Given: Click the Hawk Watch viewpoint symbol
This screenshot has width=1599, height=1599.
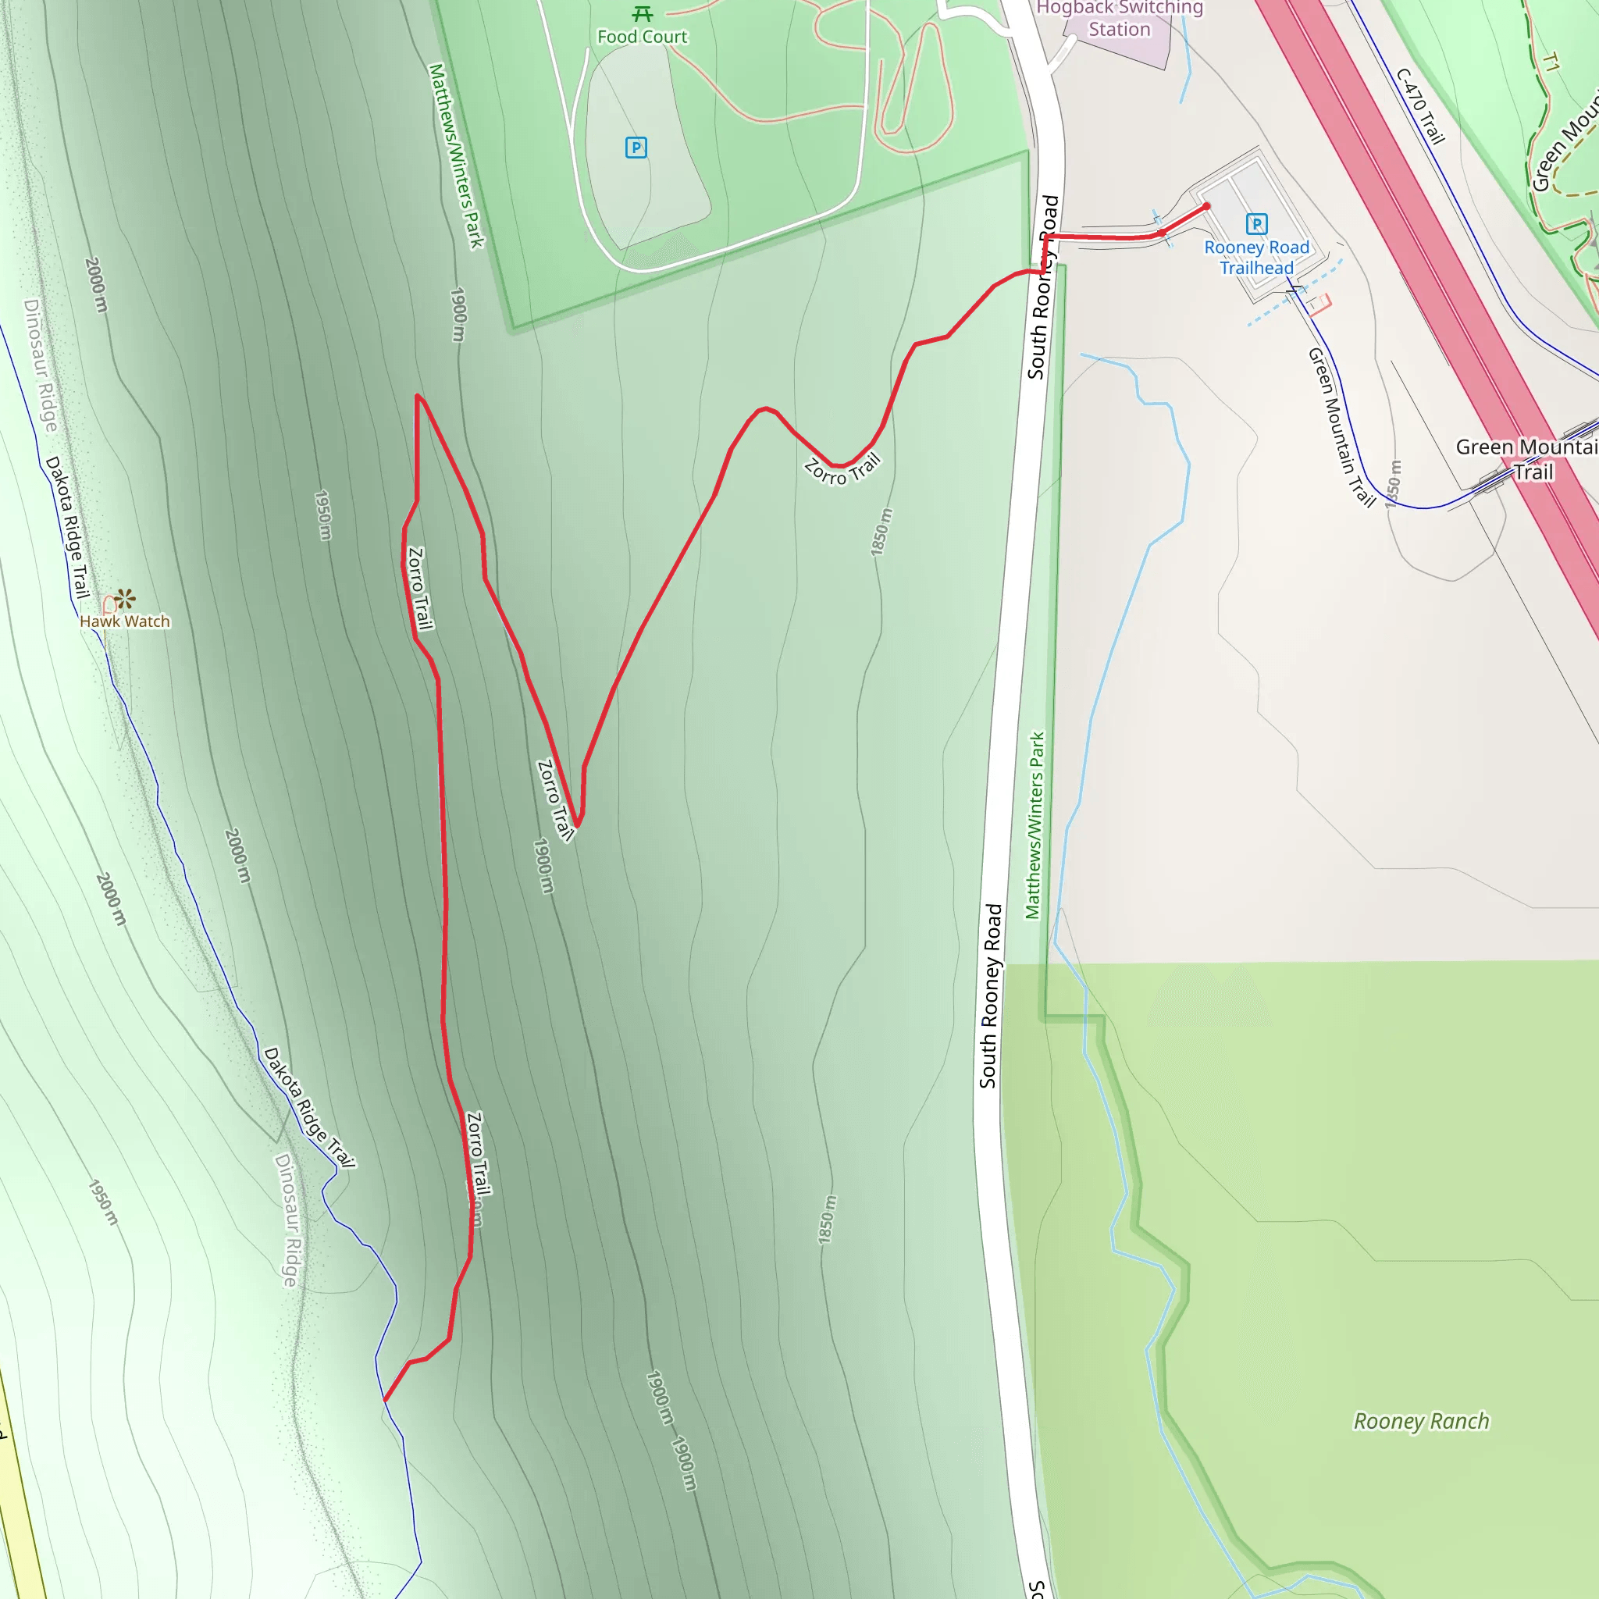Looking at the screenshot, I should tap(125, 597).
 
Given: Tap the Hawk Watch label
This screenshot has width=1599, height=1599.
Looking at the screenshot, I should tap(125, 621).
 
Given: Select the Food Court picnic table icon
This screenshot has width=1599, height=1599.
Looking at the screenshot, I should tap(643, 14).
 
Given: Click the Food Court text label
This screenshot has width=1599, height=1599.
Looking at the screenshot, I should tap(643, 37).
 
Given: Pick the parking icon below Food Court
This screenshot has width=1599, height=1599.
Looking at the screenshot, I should tap(636, 148).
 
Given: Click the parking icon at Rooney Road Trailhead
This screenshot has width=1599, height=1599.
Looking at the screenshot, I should tap(1256, 223).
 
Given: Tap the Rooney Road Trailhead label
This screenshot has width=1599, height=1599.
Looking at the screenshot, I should tap(1256, 258).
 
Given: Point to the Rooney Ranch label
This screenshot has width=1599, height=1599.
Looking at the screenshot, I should tap(1421, 1422).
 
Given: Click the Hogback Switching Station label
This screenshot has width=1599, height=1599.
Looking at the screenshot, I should tap(1119, 18).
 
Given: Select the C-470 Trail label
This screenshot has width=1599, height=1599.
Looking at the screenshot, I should tap(1420, 107).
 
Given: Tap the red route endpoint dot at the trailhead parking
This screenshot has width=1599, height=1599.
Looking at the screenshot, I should tap(1207, 206).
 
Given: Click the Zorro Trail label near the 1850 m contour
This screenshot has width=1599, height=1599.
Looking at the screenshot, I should tap(842, 470).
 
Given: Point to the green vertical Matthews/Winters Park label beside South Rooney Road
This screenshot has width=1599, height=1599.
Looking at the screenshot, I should tap(1035, 825).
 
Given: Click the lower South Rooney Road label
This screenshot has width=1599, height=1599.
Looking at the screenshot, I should tap(990, 996).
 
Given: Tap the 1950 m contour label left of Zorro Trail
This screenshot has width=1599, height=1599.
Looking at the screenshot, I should tap(322, 515).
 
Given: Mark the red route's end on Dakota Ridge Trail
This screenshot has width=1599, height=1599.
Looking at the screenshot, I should tap(385, 1401).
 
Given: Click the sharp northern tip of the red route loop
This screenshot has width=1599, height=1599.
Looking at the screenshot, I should tap(417, 396).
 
